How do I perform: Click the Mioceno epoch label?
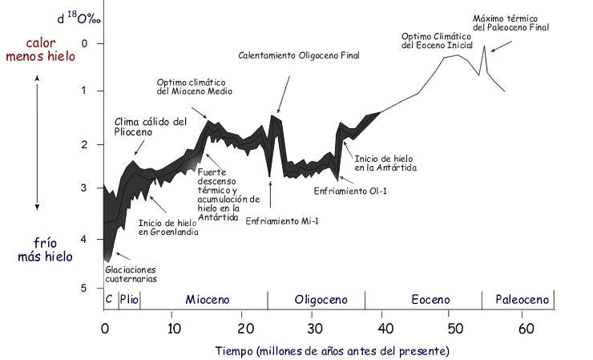208,300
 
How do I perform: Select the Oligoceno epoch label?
321,300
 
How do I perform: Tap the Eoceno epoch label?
430,300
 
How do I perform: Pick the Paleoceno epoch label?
522,300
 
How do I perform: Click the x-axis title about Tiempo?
332,351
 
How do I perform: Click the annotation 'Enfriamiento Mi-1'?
271,220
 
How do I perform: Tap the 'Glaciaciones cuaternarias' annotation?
131,274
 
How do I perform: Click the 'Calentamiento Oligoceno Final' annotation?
299,56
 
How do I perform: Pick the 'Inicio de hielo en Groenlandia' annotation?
168,228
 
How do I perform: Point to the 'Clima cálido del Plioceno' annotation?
150,127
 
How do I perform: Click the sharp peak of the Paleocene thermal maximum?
484,47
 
